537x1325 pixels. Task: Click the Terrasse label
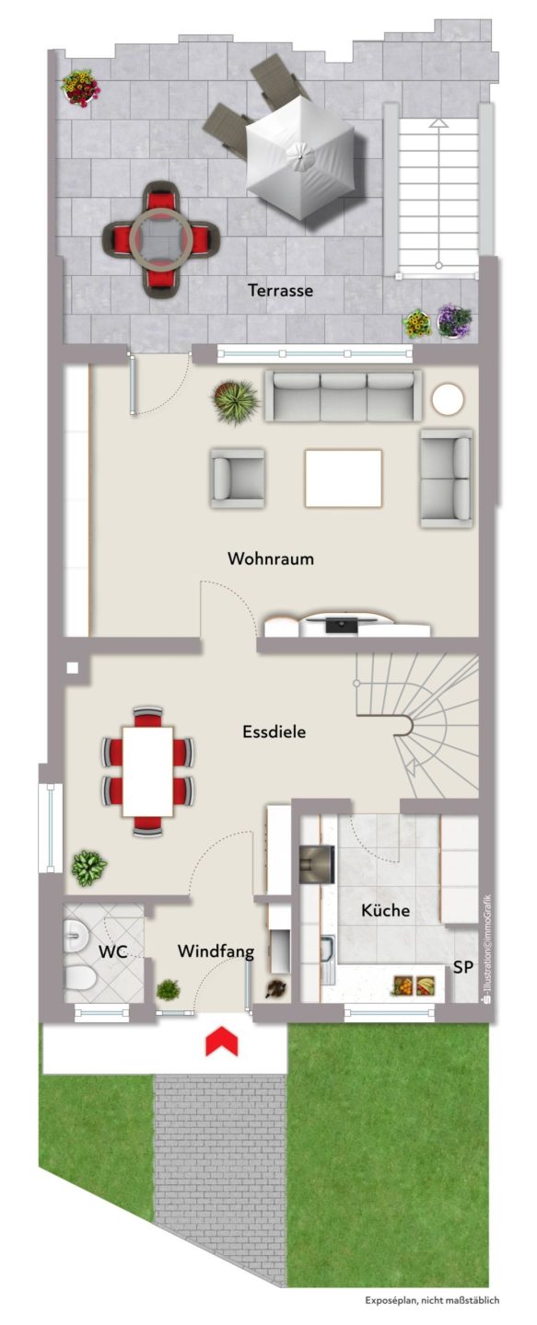click(280, 291)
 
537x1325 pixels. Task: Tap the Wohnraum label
click(271, 559)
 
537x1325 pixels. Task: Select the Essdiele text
click(274, 732)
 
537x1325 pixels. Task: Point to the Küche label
click(385, 910)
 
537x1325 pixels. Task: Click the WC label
click(112, 951)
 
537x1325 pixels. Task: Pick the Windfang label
click(216, 951)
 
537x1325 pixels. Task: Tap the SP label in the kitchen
click(463, 967)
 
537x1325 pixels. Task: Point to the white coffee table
click(344, 478)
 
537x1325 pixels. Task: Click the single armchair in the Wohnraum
click(237, 478)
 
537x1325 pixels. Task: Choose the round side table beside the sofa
click(448, 400)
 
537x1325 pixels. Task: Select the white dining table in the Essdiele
click(148, 771)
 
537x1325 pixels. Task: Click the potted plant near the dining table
click(88, 869)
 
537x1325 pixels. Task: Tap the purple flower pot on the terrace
click(455, 321)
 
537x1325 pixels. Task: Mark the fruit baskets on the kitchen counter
click(414, 985)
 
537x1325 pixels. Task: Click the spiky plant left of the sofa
click(236, 401)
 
